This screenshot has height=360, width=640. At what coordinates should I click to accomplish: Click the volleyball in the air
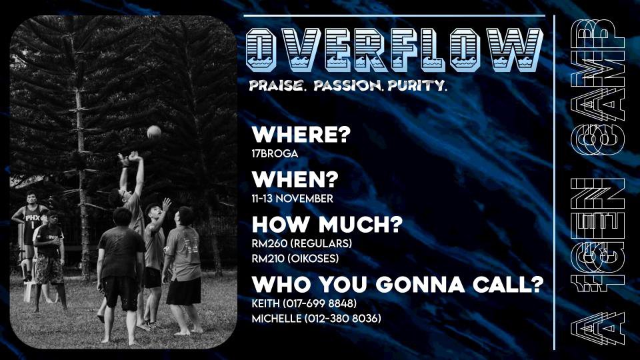[154, 131]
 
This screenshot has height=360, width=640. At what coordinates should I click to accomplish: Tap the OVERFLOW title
[395, 50]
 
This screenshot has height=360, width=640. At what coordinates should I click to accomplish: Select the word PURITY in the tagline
[417, 85]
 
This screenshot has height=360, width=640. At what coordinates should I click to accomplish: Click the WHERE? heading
[301, 135]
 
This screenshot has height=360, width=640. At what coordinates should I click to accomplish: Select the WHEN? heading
[295, 179]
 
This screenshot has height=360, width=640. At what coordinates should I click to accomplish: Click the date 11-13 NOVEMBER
[292, 199]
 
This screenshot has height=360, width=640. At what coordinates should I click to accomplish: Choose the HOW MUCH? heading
[327, 225]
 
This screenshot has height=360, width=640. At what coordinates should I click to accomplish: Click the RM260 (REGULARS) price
[302, 244]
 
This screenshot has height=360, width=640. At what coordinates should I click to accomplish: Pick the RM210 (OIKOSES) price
[295, 259]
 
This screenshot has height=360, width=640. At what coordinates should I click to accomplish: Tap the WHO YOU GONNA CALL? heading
[398, 285]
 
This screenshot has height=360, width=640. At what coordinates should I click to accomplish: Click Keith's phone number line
[305, 304]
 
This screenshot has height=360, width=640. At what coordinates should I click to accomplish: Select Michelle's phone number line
[317, 319]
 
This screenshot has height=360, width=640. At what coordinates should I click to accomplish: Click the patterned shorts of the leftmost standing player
[49, 270]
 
